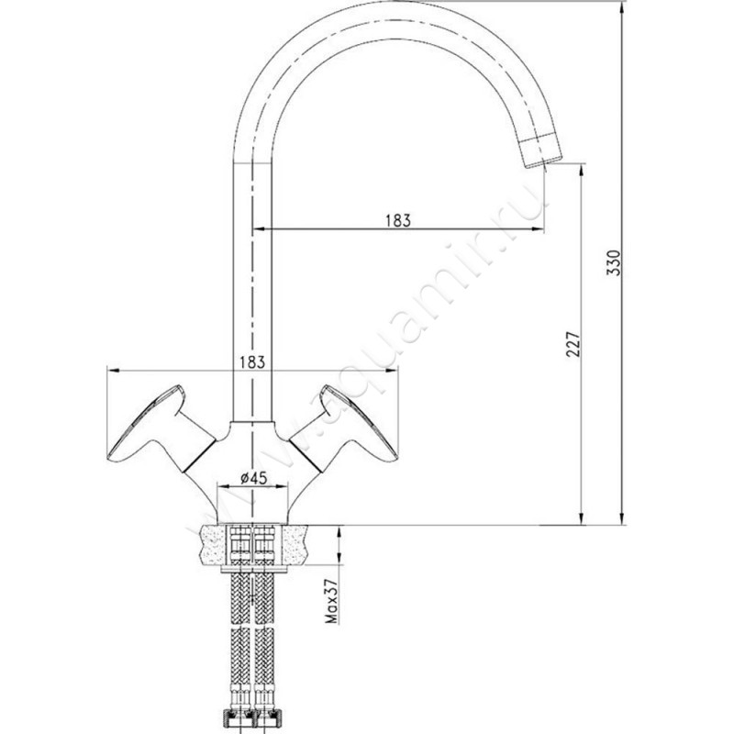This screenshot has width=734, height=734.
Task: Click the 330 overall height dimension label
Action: (613, 262)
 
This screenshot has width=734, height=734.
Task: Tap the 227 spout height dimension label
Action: (573, 345)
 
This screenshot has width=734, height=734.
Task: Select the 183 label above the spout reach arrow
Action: (398, 220)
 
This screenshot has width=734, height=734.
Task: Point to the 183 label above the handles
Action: (252, 361)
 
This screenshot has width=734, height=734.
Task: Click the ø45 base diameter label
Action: (253, 478)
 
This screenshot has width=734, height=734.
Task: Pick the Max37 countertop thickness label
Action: (331, 601)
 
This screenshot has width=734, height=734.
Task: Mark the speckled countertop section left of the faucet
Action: (214, 544)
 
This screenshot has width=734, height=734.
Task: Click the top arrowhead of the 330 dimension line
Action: (622, 6)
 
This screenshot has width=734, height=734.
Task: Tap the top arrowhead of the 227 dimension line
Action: (582, 170)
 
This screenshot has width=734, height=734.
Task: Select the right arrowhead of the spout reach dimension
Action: (539, 228)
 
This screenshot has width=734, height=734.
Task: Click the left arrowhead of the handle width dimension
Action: (114, 371)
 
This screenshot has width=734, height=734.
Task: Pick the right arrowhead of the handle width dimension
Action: (392, 371)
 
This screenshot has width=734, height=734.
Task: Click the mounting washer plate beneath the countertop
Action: (253, 568)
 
